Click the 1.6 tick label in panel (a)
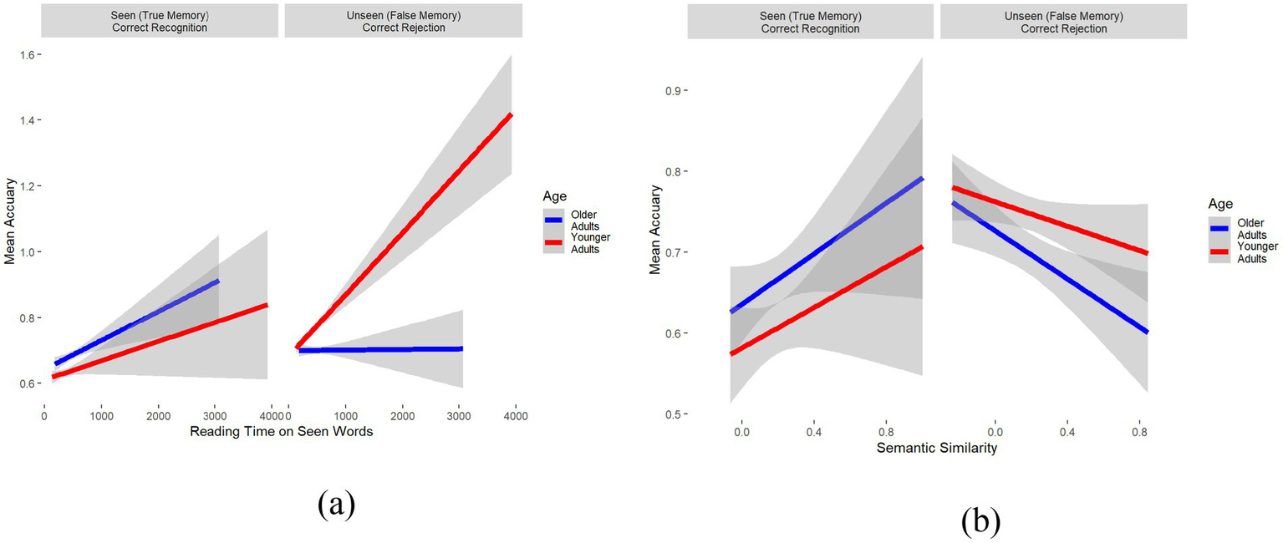coord(27,55)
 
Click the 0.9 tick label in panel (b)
coord(670,90)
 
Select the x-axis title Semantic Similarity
coord(936,449)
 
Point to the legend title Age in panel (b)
coord(1219,203)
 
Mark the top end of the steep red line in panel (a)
coord(511,114)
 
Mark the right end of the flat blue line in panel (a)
coord(461,348)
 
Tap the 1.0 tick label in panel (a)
coord(27,252)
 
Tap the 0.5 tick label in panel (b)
coord(670,414)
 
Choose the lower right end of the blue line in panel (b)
coord(1147,332)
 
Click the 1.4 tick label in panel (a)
coord(27,121)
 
